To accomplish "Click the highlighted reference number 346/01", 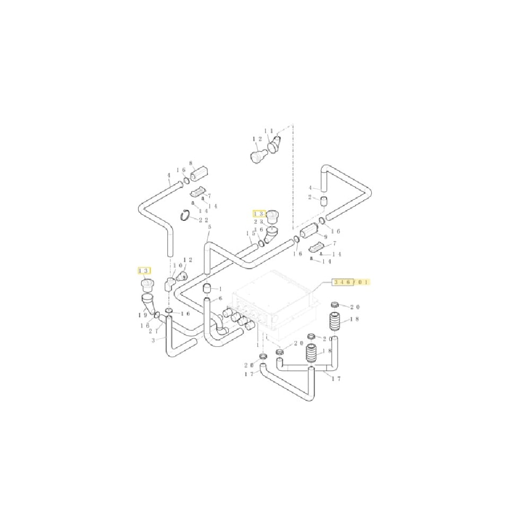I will pos(351,281).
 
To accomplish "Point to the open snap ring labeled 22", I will pos(185,216).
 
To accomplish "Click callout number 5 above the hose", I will pos(209,227).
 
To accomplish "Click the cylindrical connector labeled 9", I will pos(310,231).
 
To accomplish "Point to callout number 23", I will pos(259,222).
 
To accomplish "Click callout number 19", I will pos(143,315).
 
